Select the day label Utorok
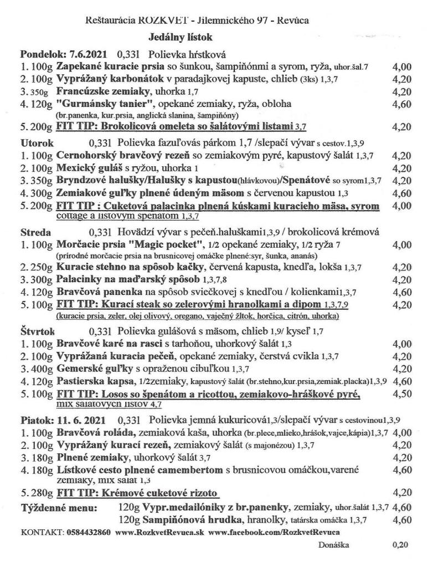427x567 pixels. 36,142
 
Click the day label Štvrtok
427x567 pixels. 39,332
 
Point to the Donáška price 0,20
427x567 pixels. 399,545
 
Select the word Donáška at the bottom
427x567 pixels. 334,545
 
